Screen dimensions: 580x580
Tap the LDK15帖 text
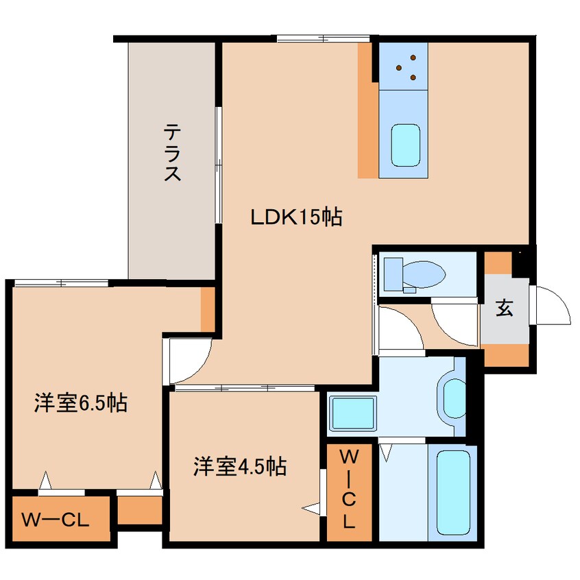coord(296,218)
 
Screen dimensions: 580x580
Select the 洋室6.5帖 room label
coord(81,403)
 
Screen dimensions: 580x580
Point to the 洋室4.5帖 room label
coord(239,467)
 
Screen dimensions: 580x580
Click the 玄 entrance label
coord(505,309)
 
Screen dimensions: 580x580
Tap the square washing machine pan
coord(352,413)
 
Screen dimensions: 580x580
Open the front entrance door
coord(552,306)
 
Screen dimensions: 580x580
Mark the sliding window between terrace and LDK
coord(218,165)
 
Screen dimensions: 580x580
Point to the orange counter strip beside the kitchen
coord(367,110)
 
